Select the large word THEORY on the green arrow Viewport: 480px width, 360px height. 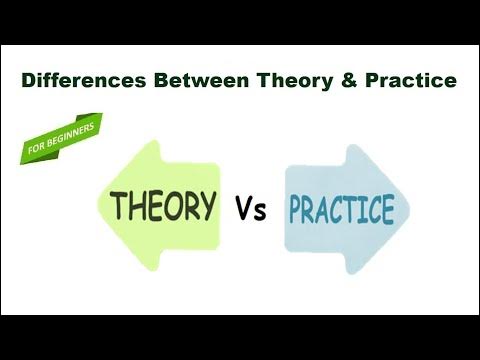[x=163, y=206]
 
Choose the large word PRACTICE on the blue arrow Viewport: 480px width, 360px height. [x=341, y=210]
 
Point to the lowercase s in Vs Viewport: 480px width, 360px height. [x=262, y=212]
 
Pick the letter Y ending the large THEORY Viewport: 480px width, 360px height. [x=207, y=205]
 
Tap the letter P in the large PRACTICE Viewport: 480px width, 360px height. [x=296, y=211]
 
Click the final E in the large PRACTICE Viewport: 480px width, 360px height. [x=386, y=210]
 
